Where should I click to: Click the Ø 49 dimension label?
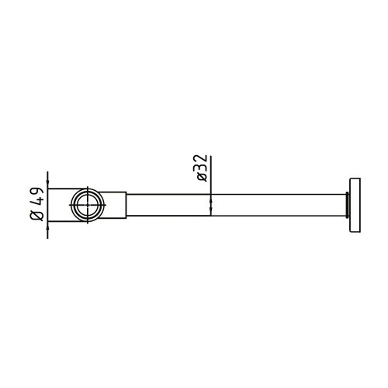pyautogui.click(x=36, y=205)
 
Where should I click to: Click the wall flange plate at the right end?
pyautogui.click(x=354, y=206)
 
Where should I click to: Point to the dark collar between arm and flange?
pyautogui.click(x=346, y=206)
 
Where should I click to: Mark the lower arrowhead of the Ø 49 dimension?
pyautogui.click(x=48, y=226)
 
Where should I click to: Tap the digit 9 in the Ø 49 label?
pyautogui.click(x=36, y=192)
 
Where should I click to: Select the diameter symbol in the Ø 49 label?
pyautogui.click(x=36, y=217)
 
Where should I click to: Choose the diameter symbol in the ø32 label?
pyautogui.click(x=202, y=178)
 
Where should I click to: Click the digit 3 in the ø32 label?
pyautogui.click(x=202, y=168)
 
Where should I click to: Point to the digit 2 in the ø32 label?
pyautogui.click(x=202, y=160)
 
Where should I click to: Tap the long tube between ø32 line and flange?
pyautogui.click(x=279, y=206)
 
